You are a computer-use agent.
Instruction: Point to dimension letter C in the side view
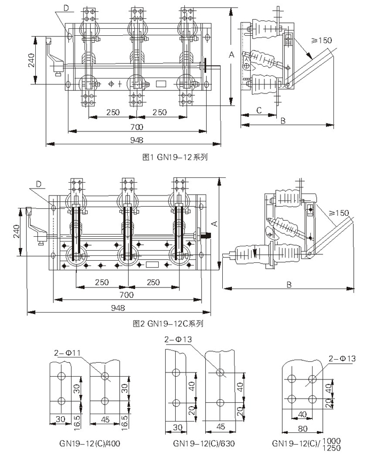(258, 110)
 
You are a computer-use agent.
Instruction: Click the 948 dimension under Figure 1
(134, 141)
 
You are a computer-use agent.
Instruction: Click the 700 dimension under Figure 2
(126, 295)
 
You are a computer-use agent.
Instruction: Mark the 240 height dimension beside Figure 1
(31, 60)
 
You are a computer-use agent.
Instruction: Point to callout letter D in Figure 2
(39, 184)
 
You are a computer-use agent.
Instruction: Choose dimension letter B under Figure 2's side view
(289, 284)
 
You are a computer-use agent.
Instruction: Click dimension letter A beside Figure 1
(231, 54)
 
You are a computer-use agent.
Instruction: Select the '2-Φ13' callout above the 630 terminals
(178, 339)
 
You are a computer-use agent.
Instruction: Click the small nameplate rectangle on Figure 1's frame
(161, 83)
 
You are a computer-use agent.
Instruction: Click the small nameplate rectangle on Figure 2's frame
(152, 263)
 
